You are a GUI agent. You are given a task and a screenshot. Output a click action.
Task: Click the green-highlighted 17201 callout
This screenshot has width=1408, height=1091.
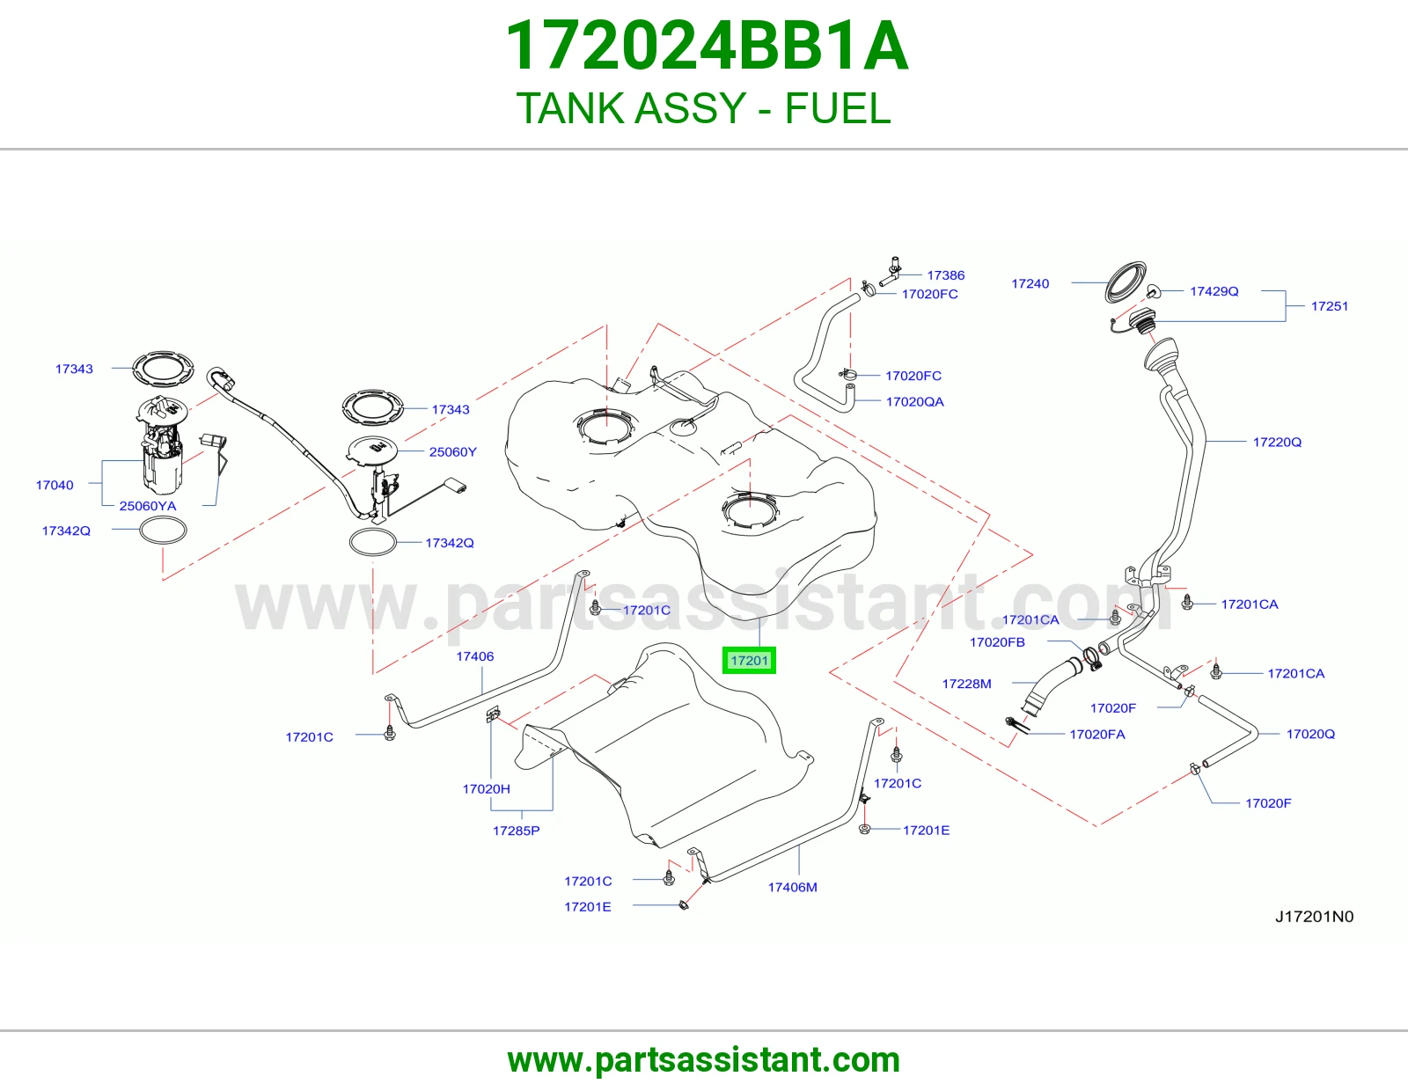(749, 660)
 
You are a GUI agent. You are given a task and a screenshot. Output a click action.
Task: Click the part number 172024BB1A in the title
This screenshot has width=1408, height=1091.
(707, 46)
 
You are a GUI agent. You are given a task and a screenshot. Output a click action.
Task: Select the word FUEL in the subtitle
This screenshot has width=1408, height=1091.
(838, 108)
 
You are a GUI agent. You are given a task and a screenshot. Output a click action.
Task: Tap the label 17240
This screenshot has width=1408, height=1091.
(1030, 284)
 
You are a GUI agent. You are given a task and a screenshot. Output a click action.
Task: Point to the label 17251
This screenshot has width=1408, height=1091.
(1329, 306)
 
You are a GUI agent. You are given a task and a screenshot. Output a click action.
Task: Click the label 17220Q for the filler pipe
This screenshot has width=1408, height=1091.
(1277, 442)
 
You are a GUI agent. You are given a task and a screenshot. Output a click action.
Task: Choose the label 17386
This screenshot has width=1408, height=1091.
(945, 275)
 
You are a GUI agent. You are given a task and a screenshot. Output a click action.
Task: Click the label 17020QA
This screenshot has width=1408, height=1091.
(914, 402)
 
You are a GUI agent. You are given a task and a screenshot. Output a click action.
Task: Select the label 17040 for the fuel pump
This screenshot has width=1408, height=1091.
(55, 485)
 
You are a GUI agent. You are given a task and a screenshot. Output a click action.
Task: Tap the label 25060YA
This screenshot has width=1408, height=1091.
(147, 506)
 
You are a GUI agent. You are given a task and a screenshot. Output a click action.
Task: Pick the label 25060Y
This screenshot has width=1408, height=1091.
(452, 451)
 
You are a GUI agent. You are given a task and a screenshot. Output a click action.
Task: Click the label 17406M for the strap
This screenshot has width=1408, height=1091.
(792, 887)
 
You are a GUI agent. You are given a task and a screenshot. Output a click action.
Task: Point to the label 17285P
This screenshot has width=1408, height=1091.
(516, 831)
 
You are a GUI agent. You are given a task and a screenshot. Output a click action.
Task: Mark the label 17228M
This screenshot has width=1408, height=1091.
(966, 684)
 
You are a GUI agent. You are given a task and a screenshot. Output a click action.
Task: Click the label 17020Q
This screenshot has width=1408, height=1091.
(1310, 734)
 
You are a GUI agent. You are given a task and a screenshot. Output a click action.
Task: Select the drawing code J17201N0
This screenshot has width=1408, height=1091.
(1314, 917)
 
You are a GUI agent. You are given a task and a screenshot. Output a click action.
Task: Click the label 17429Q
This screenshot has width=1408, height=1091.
(1214, 291)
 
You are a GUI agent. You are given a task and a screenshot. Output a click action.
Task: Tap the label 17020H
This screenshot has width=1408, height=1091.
(486, 789)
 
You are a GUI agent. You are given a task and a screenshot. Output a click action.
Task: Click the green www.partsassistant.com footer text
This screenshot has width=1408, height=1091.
(704, 1060)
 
